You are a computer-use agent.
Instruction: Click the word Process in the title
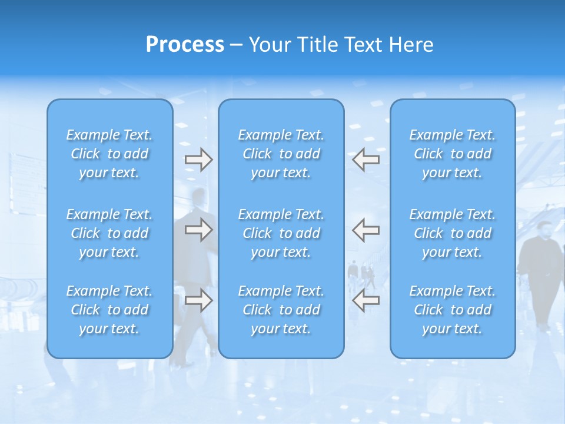(x=185, y=45)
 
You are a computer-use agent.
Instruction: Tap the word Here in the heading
(x=411, y=45)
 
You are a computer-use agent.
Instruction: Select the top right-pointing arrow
(x=198, y=160)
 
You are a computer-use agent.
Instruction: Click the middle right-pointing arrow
(x=198, y=230)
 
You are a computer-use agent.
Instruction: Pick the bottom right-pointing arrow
(x=198, y=300)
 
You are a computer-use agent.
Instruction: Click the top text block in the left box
(x=109, y=154)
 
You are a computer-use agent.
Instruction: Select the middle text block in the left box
(x=109, y=233)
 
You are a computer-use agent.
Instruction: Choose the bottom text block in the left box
(x=109, y=310)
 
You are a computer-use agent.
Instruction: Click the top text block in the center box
(x=281, y=154)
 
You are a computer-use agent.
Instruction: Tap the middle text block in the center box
(x=281, y=233)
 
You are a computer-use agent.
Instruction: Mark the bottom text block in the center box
(x=281, y=310)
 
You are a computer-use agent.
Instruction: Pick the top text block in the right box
(x=453, y=154)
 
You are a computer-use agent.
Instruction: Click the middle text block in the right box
(x=453, y=233)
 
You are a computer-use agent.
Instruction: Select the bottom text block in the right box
(x=453, y=310)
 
